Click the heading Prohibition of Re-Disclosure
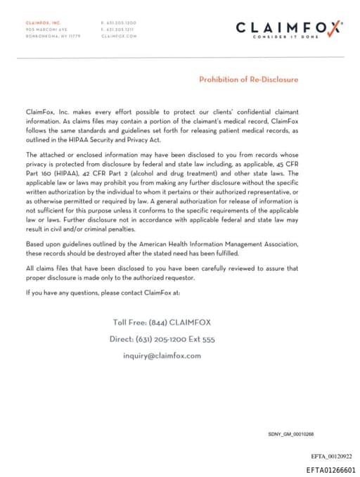pos(248,79)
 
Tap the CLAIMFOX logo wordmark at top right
pos(289,27)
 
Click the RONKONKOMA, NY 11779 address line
pos(53,35)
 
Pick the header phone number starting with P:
pos(119,23)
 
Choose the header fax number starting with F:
pos(119,30)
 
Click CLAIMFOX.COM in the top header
pos(119,35)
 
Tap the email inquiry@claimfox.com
pos(162,355)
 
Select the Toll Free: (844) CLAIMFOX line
pos(162,322)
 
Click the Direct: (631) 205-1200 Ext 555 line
pos(162,339)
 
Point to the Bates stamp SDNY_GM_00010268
pos(290,434)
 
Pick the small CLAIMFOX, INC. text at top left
pos(43,23)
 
